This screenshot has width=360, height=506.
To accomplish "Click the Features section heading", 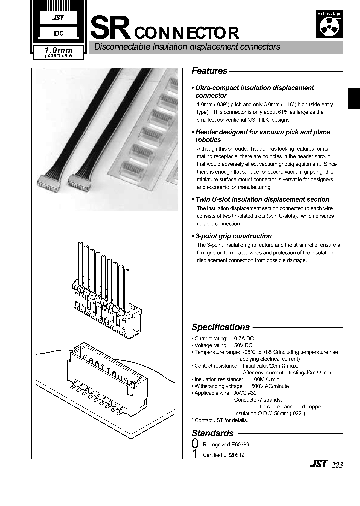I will (209, 71).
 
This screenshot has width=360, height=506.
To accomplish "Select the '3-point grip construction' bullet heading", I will (233, 236).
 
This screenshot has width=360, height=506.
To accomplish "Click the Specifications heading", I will (221, 327).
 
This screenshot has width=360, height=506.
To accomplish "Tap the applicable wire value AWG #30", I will (245, 393).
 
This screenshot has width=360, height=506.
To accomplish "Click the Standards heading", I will (213, 433).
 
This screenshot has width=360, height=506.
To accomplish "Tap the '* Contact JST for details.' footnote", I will (220, 420).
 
